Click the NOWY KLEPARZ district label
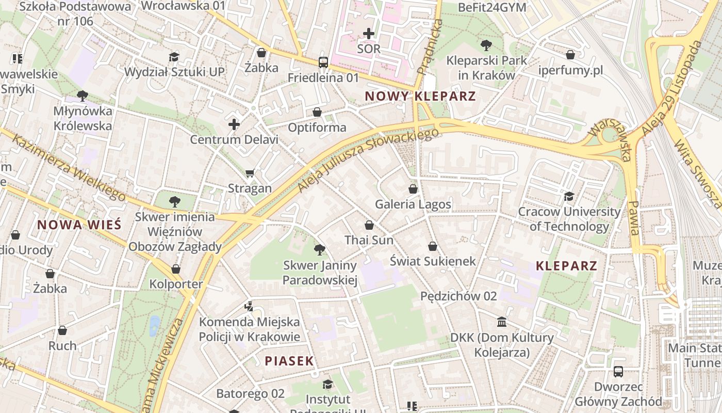click(420, 96)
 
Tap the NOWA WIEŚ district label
click(79, 225)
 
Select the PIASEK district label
click(289, 361)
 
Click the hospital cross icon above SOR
click(369, 34)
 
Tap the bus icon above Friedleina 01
click(323, 62)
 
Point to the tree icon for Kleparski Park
click(486, 45)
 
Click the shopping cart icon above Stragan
click(250, 173)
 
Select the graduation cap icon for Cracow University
click(569, 196)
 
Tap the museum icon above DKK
click(502, 323)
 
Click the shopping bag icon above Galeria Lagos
click(413, 189)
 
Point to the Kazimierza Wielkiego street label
click(70, 168)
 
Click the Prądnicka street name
click(430, 47)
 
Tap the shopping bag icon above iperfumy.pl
click(570, 54)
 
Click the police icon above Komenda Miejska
click(249, 307)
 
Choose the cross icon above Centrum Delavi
click(234, 124)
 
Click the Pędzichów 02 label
click(458, 296)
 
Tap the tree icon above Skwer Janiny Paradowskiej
click(320, 250)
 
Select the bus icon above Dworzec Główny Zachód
click(618, 372)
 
